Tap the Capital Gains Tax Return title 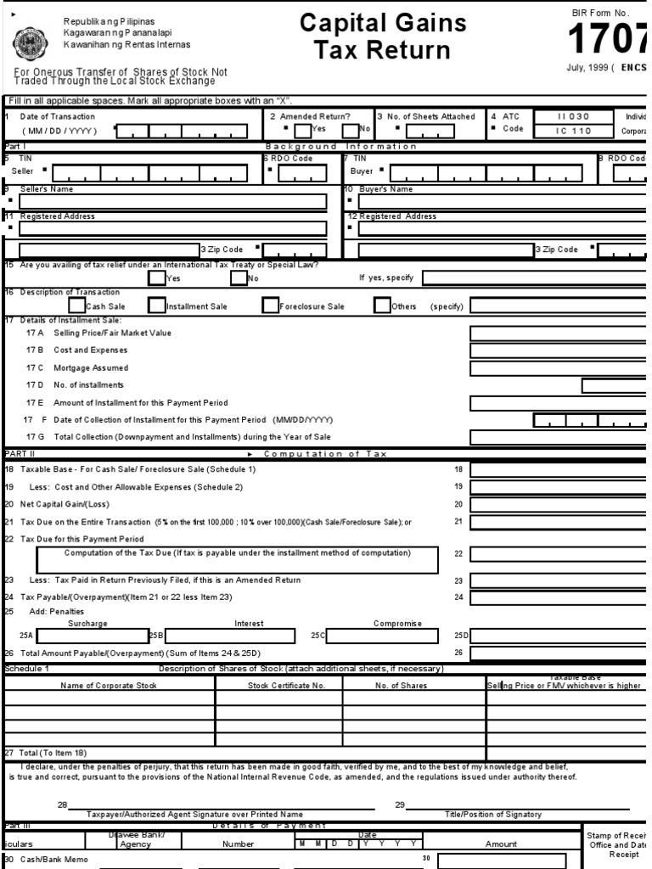click(383, 36)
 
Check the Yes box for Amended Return click(303, 130)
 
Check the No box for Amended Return click(350, 130)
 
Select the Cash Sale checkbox click(77, 305)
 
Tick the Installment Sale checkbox click(157, 305)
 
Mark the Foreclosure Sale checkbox click(271, 305)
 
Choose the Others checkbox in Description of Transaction click(382, 305)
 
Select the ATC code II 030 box click(573, 116)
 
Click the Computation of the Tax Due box click(238, 560)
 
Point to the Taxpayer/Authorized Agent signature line click(195, 805)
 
